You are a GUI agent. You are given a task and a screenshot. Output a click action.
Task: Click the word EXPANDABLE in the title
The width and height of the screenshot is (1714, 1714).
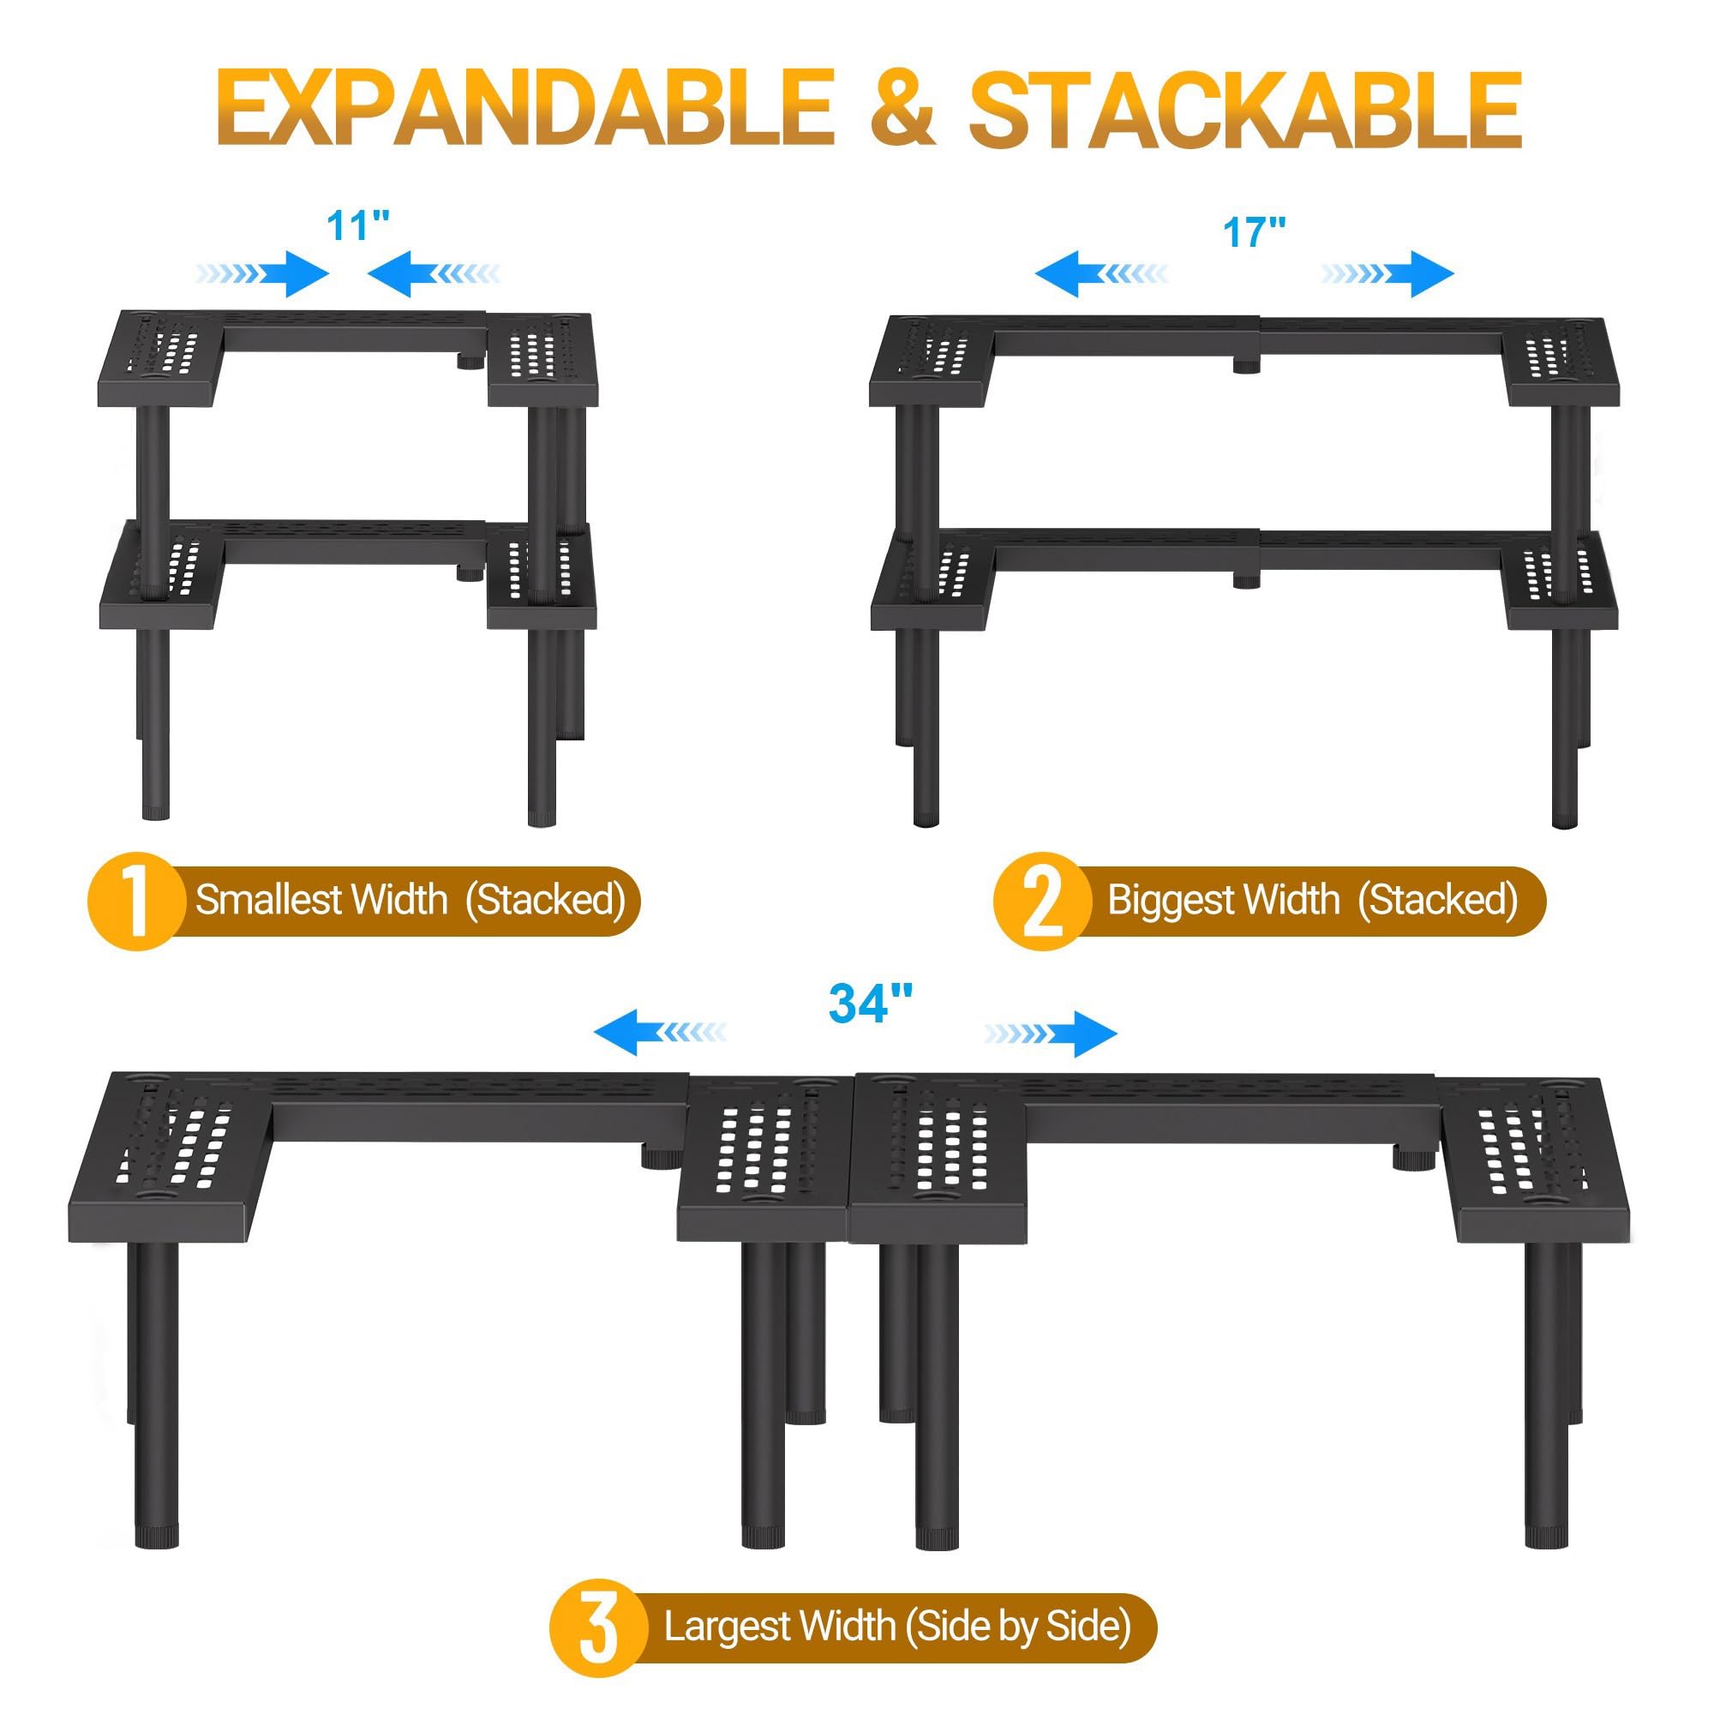point(525,108)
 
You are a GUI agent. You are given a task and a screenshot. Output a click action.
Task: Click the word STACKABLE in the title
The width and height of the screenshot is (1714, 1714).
point(1245,108)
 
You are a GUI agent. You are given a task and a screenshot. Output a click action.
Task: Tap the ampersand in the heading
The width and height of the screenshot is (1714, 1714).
point(902,108)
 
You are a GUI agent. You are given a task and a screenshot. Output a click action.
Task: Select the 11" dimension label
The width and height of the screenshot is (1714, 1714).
point(358,225)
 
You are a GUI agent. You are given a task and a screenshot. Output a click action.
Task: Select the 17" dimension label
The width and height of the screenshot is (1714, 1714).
point(1254,232)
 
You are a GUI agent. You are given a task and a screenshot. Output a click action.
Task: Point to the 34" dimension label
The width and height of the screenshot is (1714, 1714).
point(871,1004)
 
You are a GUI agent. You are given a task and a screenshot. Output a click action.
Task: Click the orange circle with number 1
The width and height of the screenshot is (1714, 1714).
point(135,902)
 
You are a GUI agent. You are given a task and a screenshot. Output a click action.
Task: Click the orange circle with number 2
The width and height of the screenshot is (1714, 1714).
point(1041,902)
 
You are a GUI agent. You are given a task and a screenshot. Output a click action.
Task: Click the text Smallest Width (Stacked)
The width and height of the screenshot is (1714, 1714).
point(411,900)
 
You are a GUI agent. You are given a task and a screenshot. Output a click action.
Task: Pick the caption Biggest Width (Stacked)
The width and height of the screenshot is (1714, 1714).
point(1312,900)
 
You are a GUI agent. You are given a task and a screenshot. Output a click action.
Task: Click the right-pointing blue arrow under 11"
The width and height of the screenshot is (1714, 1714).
point(262,273)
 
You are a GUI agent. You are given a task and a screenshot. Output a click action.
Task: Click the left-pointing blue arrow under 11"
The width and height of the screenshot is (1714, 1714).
point(433,273)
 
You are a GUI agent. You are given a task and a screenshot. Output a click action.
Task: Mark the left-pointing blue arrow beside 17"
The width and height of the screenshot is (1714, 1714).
point(1101,273)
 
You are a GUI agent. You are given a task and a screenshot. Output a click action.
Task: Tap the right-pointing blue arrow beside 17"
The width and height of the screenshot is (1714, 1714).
point(1387,273)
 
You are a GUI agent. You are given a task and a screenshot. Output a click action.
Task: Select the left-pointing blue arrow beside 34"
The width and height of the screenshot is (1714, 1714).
point(660,1033)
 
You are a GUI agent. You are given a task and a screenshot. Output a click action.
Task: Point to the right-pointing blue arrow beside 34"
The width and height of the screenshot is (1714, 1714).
point(1051,1034)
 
